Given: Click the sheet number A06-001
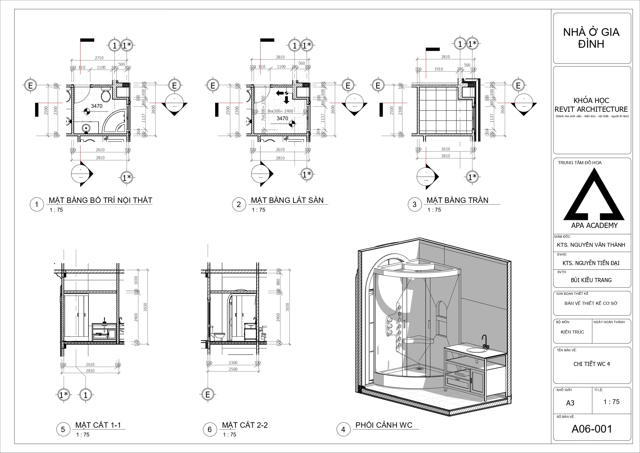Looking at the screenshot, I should pos(592,429).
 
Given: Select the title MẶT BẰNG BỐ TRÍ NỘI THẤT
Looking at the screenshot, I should pos(100,200).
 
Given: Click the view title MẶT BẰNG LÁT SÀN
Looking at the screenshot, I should pos(287,200).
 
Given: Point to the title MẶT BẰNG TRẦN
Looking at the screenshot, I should pos(457,200).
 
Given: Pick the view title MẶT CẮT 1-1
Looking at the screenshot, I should pos(98,425).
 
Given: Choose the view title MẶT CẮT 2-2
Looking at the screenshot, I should pos(245,425).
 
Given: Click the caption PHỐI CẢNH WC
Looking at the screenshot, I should pos(384,425).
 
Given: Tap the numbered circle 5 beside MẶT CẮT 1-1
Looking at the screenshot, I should pos(63,429).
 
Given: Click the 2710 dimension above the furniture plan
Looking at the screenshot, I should pos(99,58).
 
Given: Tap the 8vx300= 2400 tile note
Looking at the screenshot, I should pos(280,111).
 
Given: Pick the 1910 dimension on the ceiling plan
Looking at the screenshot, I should pos(439,69).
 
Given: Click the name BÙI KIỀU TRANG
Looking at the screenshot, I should pos(591,280).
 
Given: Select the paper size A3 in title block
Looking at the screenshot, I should pos(570,403).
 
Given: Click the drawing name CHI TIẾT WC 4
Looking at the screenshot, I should pos(592,364).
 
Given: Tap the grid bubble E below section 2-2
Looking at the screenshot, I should pos(208,394).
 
